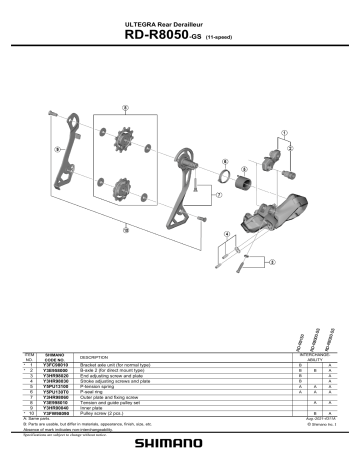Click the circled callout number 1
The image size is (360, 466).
286,131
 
